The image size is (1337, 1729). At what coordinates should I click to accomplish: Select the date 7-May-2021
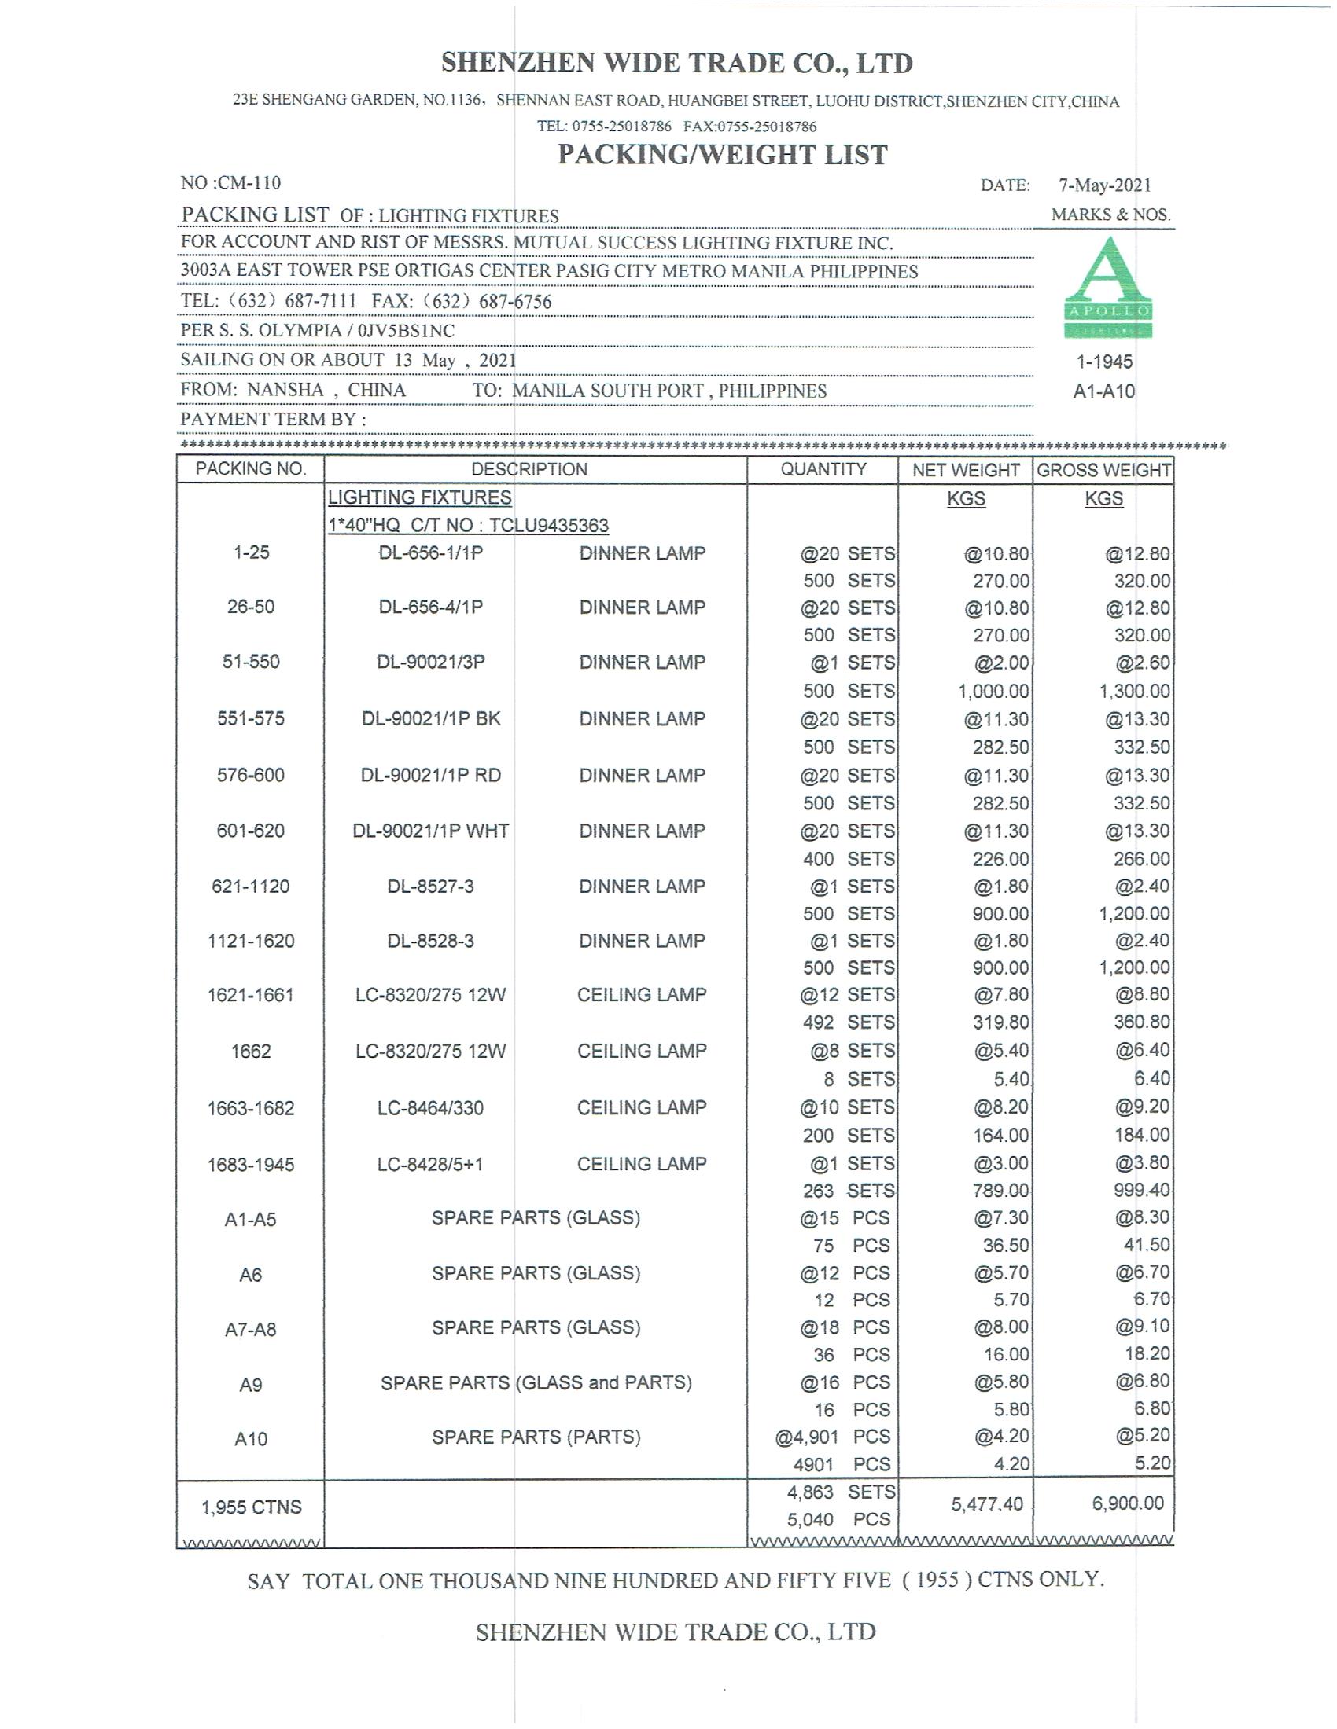click(1104, 185)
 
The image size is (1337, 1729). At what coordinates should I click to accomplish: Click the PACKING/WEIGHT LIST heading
click(722, 154)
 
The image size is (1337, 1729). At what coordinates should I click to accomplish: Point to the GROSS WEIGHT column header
click(1103, 470)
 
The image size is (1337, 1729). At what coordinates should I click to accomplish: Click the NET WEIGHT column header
click(966, 470)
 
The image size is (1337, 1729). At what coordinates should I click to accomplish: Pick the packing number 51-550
click(250, 662)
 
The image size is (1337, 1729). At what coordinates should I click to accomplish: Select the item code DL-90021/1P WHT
click(430, 831)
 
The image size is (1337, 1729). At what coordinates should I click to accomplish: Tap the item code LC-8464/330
click(430, 1107)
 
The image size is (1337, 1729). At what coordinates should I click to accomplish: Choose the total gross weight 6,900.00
click(1127, 1503)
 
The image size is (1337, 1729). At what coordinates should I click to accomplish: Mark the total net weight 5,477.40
click(987, 1504)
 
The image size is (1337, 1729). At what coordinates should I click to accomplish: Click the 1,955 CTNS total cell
click(251, 1507)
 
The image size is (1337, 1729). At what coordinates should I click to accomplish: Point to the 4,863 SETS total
click(841, 1492)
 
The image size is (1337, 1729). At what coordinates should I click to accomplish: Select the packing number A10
click(250, 1438)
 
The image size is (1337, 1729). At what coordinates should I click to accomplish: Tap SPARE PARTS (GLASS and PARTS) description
click(536, 1383)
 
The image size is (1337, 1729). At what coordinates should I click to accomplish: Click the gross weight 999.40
click(1141, 1191)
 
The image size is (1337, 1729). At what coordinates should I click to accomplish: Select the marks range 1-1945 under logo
click(1104, 362)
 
